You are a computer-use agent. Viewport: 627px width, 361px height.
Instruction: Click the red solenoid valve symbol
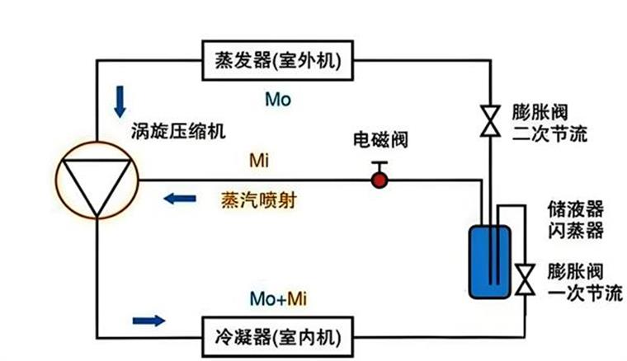[x=379, y=177]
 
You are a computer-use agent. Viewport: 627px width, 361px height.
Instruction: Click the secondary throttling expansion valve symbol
[x=490, y=121]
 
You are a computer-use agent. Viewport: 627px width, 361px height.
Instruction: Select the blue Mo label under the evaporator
[x=278, y=100]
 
